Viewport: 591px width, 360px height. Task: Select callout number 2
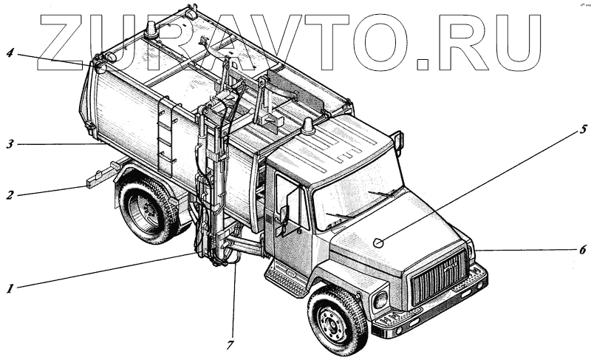10,196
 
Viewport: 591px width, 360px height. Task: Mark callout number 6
582,250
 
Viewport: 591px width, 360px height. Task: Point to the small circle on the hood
378,242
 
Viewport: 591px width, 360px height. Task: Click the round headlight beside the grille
380,299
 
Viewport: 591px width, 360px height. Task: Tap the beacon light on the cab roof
307,127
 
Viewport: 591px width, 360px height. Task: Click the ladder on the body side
167,137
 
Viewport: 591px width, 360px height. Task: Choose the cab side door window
291,200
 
